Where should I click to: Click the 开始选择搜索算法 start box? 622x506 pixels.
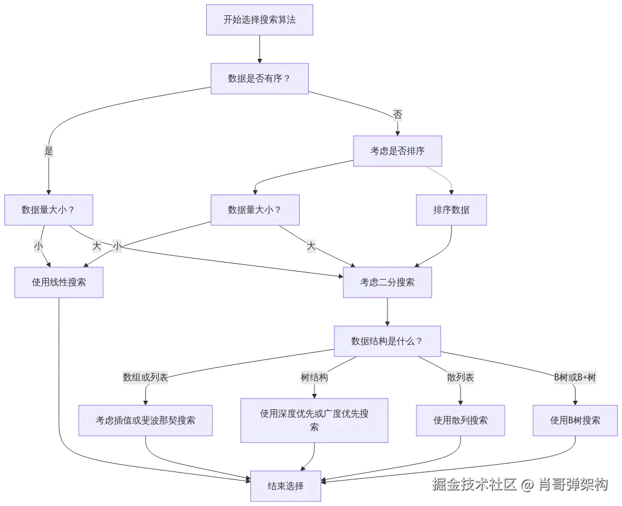259,20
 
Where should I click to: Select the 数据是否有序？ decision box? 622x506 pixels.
259,79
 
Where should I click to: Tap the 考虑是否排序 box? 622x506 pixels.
397,151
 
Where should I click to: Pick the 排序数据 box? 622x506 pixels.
451,210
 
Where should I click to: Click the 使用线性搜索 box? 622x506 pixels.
59,282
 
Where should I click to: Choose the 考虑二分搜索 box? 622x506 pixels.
387,282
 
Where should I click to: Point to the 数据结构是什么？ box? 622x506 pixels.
387,341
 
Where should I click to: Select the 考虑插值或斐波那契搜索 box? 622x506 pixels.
145,421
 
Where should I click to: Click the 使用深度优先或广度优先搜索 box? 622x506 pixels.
314,421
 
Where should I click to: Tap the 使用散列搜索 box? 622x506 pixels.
461,421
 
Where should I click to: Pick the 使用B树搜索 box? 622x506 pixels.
575,421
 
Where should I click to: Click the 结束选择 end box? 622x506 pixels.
286,486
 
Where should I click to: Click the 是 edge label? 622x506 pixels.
49,151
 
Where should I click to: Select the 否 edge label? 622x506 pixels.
398,115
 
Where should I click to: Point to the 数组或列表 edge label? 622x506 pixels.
146,378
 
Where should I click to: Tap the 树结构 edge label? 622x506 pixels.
314,378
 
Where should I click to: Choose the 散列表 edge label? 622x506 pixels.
460,378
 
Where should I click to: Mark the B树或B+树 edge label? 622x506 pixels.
575,378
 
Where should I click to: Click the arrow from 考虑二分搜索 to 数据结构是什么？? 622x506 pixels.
387,311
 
